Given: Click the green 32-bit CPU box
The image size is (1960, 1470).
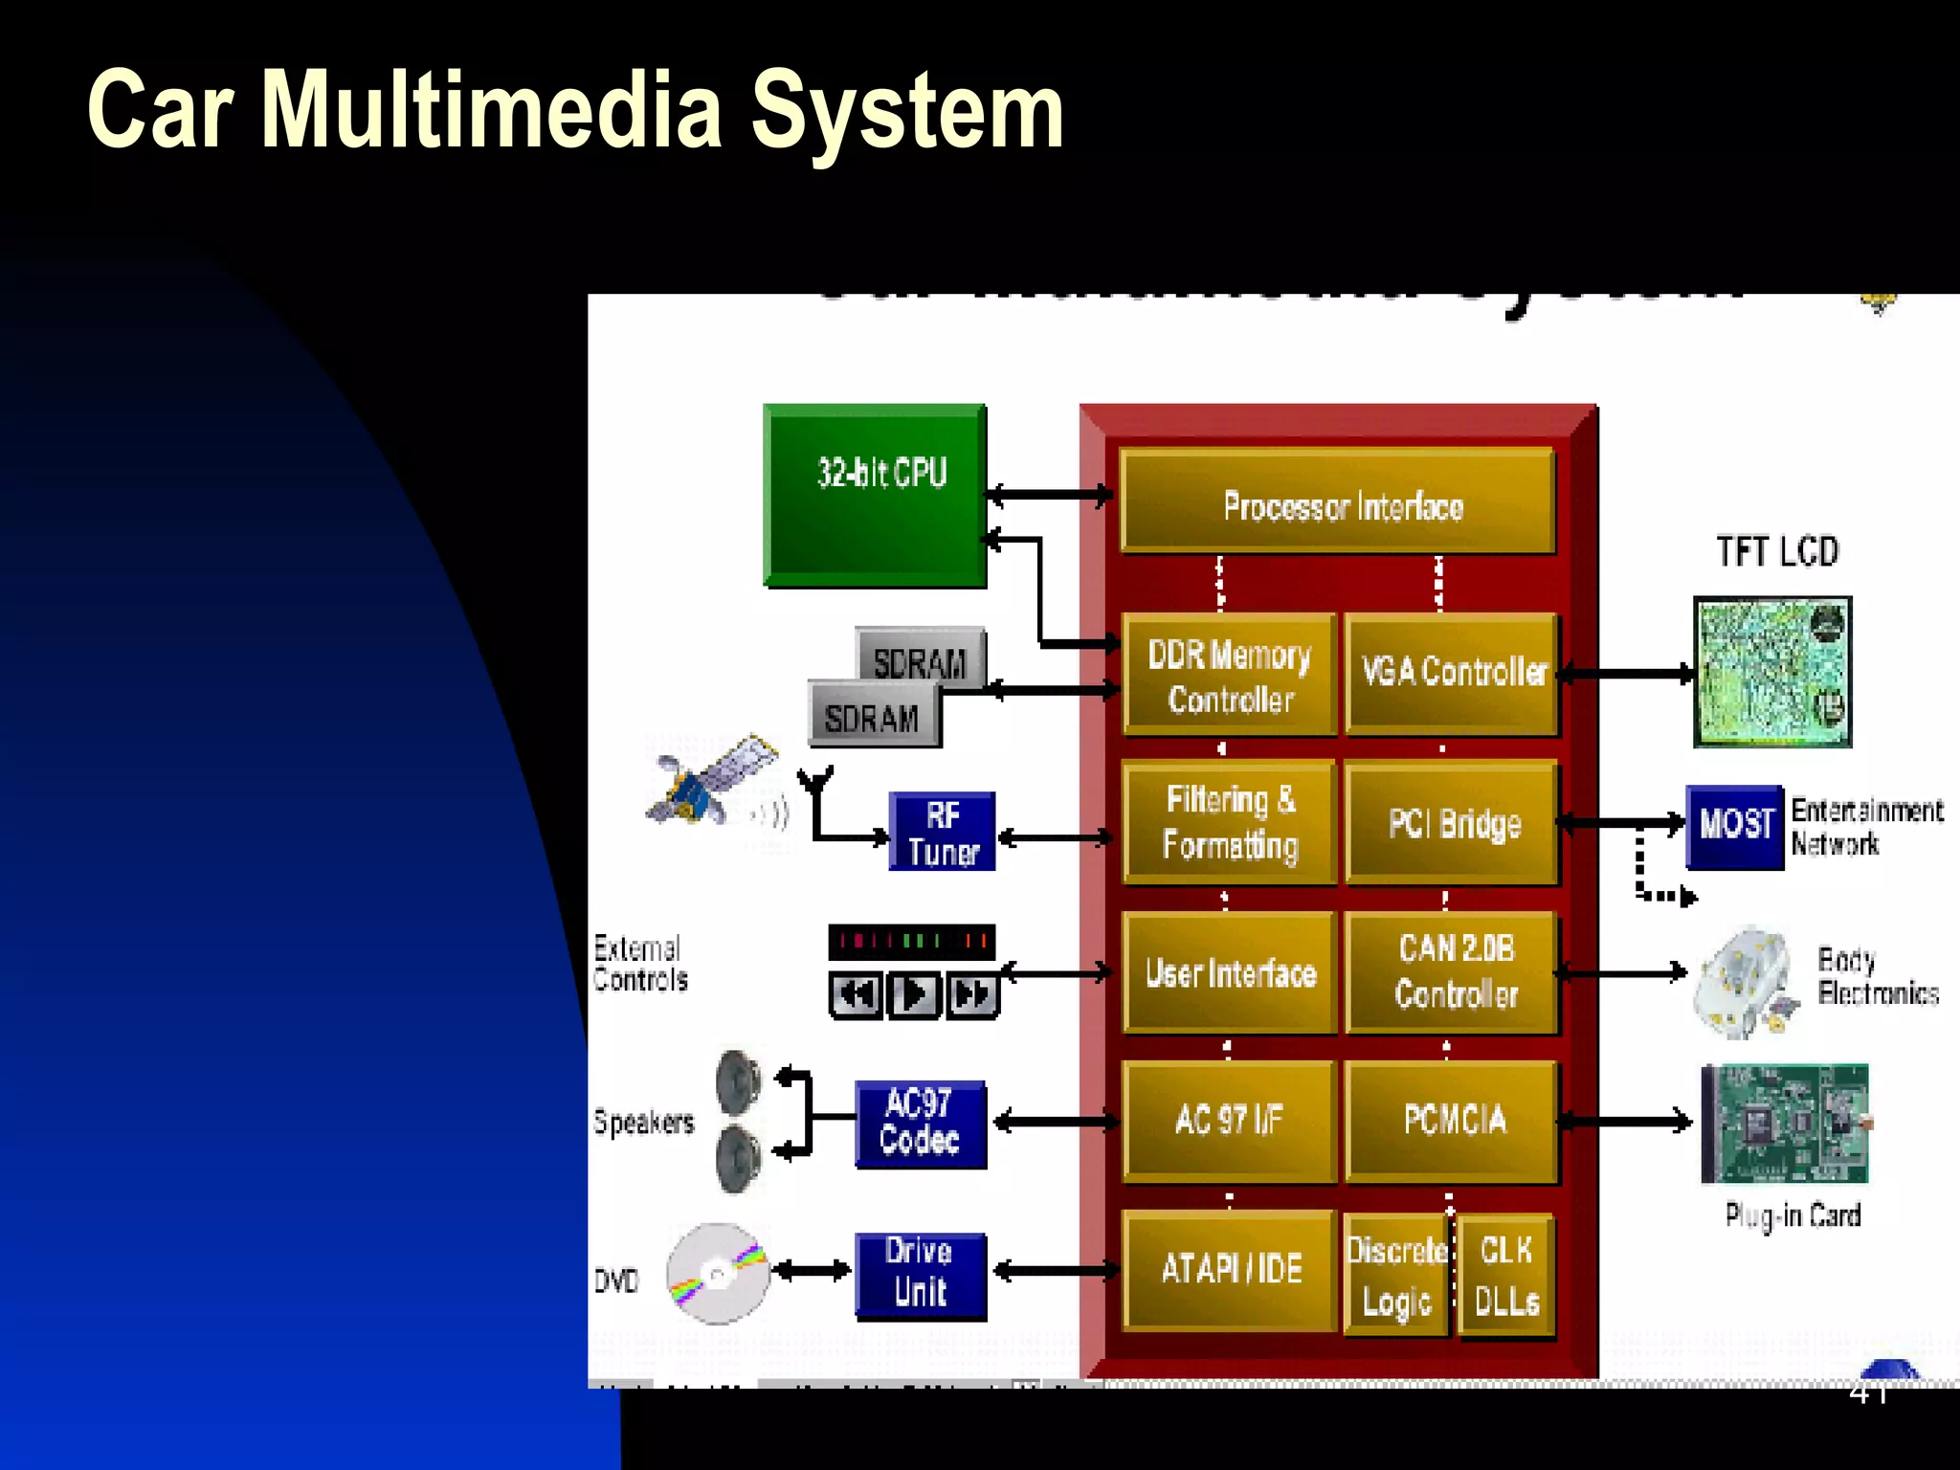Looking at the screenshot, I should pos(875,495).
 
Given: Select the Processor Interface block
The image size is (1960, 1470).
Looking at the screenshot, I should pos(1338,501).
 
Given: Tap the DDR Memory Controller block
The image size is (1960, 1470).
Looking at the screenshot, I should pos(1229,676).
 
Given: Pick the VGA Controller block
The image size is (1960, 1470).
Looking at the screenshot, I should pos(1453,674).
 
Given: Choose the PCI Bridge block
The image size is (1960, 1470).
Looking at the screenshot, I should pos(1453,823).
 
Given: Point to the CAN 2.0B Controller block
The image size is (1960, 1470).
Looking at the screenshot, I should pos(1453,972).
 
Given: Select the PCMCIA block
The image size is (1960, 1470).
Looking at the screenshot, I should pos(1453,1120).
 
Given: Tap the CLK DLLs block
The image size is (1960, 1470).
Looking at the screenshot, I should pos(1506,1275).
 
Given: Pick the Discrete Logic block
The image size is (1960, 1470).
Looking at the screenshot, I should pos(1397,1275).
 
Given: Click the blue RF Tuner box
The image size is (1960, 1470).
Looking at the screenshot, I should pos(942,831).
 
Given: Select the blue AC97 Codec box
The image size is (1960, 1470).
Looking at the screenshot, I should pos(920,1124).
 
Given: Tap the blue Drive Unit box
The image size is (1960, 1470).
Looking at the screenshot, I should pos(920,1275).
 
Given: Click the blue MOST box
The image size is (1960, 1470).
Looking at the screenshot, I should pos(1734,825).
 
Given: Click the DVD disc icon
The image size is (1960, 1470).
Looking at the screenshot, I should pos(718,1273).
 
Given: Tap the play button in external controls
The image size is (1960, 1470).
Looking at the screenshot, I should pos(914,995).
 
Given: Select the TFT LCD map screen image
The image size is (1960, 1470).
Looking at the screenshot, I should pos(1772,672).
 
